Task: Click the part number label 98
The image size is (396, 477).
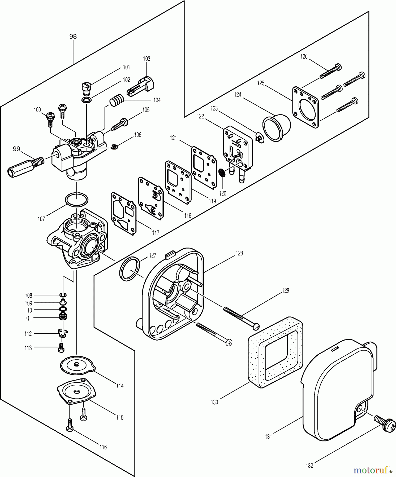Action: (73, 37)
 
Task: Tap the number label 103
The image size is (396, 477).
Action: (147, 59)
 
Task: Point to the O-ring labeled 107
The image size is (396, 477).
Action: (76, 200)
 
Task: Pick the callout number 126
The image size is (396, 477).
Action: (304, 56)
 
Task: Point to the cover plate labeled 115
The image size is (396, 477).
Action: (76, 391)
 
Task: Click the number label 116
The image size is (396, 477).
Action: (103, 447)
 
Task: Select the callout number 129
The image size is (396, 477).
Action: (285, 291)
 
